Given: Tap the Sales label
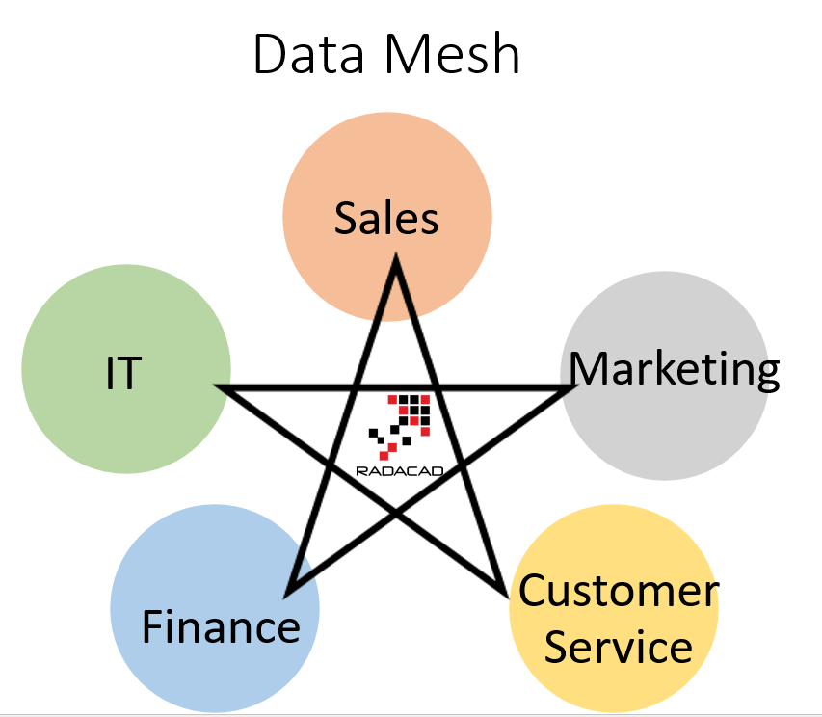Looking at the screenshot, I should tap(386, 219).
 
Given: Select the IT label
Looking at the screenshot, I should tap(123, 373).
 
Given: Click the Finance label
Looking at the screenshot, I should tap(221, 627).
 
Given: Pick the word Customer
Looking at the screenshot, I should tap(619, 590).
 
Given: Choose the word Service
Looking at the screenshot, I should tap(618, 646).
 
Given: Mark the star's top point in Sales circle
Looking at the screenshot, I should tap(394, 260).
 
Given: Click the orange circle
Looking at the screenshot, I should tap(386, 173).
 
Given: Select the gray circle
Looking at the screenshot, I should tap(675, 434).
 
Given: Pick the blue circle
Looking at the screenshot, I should tap(173, 578).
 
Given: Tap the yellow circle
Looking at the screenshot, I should tap(617, 540).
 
